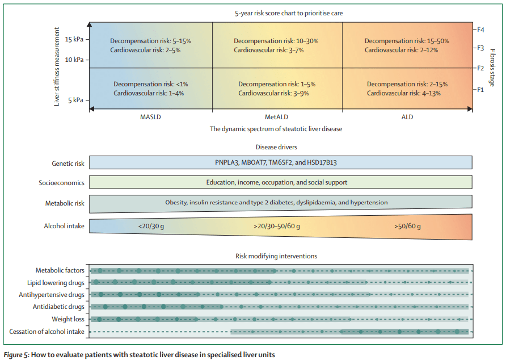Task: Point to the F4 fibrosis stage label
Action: point(479,28)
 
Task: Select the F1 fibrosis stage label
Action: point(479,89)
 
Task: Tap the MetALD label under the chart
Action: point(276,117)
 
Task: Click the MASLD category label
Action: point(150,117)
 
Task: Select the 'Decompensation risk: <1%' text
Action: point(150,84)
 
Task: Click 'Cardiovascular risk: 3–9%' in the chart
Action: point(273,93)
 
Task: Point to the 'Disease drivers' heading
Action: point(276,147)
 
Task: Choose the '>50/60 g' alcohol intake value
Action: point(407,227)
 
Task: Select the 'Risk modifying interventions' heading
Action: point(276,256)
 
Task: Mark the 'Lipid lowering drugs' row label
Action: point(56,283)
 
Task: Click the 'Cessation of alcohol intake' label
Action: point(47,332)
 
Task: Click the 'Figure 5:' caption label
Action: point(16,354)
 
